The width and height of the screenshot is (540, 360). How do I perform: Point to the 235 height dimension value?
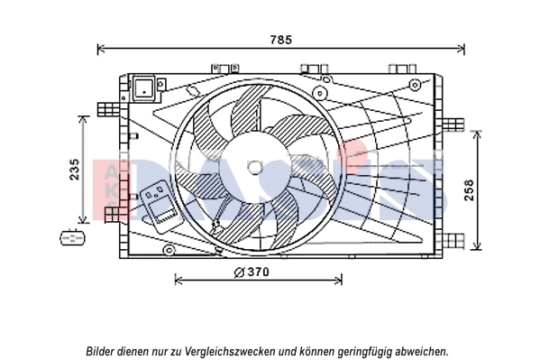tap(76, 169)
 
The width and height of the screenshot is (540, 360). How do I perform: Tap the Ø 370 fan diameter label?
tap(252, 272)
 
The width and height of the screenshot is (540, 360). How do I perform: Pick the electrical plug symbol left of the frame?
tap(70, 237)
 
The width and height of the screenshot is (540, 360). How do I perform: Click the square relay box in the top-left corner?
tap(144, 88)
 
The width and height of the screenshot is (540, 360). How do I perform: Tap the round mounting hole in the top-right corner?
tap(414, 85)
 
